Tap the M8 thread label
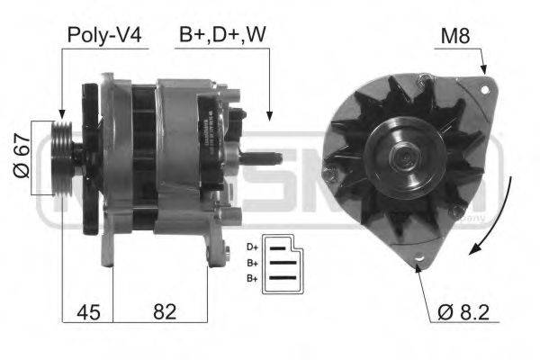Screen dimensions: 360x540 click(x=456, y=36)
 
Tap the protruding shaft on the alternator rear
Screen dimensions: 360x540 click(x=264, y=158)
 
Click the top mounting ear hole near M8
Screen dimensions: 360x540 click(x=486, y=89)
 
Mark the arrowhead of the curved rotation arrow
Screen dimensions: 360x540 click(x=479, y=254)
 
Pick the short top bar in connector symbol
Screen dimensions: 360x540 click(x=280, y=246)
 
